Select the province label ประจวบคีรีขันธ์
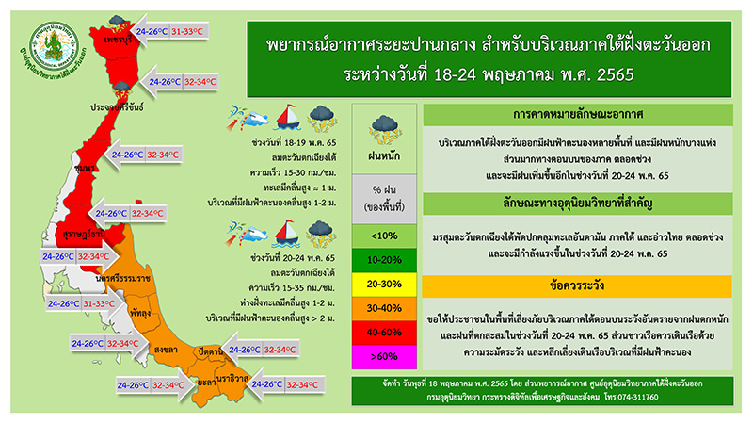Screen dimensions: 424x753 pyautogui.click(x=116, y=108)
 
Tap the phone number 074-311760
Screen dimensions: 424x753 pyautogui.click(x=658, y=397)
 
